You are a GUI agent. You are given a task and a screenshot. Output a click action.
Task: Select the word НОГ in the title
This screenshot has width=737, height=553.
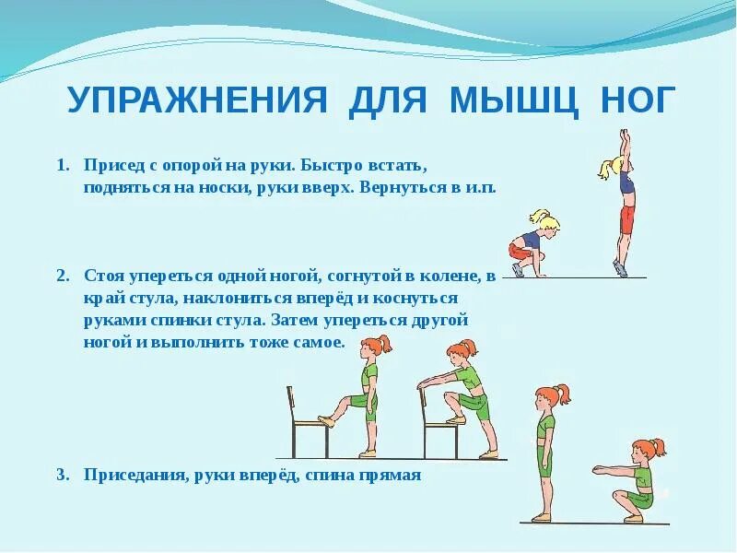pos(629,100)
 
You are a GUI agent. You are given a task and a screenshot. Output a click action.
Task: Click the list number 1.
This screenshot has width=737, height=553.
pos(62,167)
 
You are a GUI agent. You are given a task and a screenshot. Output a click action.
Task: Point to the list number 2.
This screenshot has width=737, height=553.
pos(62,276)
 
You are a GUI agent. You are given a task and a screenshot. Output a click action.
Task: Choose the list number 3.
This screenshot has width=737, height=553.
pos(62,476)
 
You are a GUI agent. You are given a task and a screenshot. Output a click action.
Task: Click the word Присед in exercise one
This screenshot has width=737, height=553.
pos(110,167)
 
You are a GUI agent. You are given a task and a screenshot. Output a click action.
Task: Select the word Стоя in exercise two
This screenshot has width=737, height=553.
pos(102,276)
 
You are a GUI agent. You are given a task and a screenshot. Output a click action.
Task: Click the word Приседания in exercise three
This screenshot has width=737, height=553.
pos(128,476)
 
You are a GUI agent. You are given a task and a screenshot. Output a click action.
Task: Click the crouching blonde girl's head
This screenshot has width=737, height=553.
pos(543,221)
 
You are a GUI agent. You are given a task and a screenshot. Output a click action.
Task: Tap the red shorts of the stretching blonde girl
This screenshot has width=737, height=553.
pos(627,219)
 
